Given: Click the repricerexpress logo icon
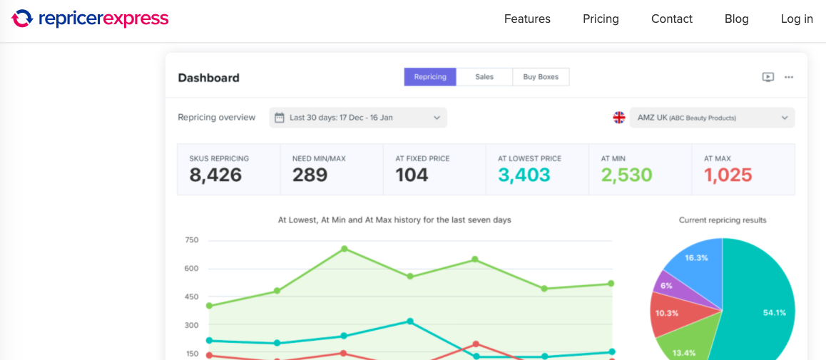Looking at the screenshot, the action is [x=22, y=19].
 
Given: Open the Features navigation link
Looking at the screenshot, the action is [x=527, y=19].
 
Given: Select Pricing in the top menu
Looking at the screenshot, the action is [x=601, y=19].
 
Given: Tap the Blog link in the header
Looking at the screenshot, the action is [x=736, y=19].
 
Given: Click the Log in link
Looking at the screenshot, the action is [x=797, y=19].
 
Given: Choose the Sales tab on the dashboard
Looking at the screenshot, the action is [x=484, y=77].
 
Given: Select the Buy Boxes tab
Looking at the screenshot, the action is [x=541, y=77].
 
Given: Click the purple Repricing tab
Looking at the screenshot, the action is [x=430, y=77].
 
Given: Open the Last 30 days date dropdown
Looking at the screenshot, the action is [x=358, y=118].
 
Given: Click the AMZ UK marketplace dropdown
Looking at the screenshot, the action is [x=712, y=118].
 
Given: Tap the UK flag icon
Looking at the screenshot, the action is [x=619, y=118].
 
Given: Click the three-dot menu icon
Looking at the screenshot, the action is [x=789, y=77].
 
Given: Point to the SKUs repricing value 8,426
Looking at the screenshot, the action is [x=215, y=175].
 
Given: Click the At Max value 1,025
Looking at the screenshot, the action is [x=728, y=175].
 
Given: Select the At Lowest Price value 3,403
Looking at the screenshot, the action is [x=524, y=175].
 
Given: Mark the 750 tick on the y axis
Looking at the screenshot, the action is [x=192, y=240].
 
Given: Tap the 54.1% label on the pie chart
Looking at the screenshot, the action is [x=775, y=313].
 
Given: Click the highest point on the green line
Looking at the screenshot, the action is [x=344, y=248].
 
